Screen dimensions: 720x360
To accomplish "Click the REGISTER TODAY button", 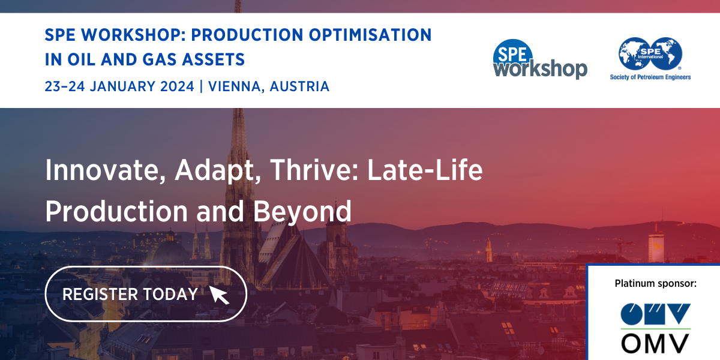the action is tap(146, 294).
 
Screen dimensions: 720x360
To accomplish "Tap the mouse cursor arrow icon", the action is tap(219, 295).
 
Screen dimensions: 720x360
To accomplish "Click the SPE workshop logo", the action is tap(540, 59).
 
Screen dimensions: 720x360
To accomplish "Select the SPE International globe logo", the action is tap(650, 53).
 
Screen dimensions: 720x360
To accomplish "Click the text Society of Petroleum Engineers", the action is tap(650, 77).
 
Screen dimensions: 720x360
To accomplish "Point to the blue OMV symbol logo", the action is tap(655, 314).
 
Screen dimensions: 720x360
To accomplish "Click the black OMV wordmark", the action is tap(655, 343).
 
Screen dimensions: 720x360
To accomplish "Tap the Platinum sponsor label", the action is tap(655, 283).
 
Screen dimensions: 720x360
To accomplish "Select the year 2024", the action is tap(177, 86).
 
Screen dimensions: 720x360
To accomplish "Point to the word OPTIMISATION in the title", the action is tap(370, 35).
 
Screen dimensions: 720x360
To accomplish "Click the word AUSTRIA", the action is tap(299, 86).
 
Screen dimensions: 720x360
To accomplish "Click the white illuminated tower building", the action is tap(656, 247).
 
